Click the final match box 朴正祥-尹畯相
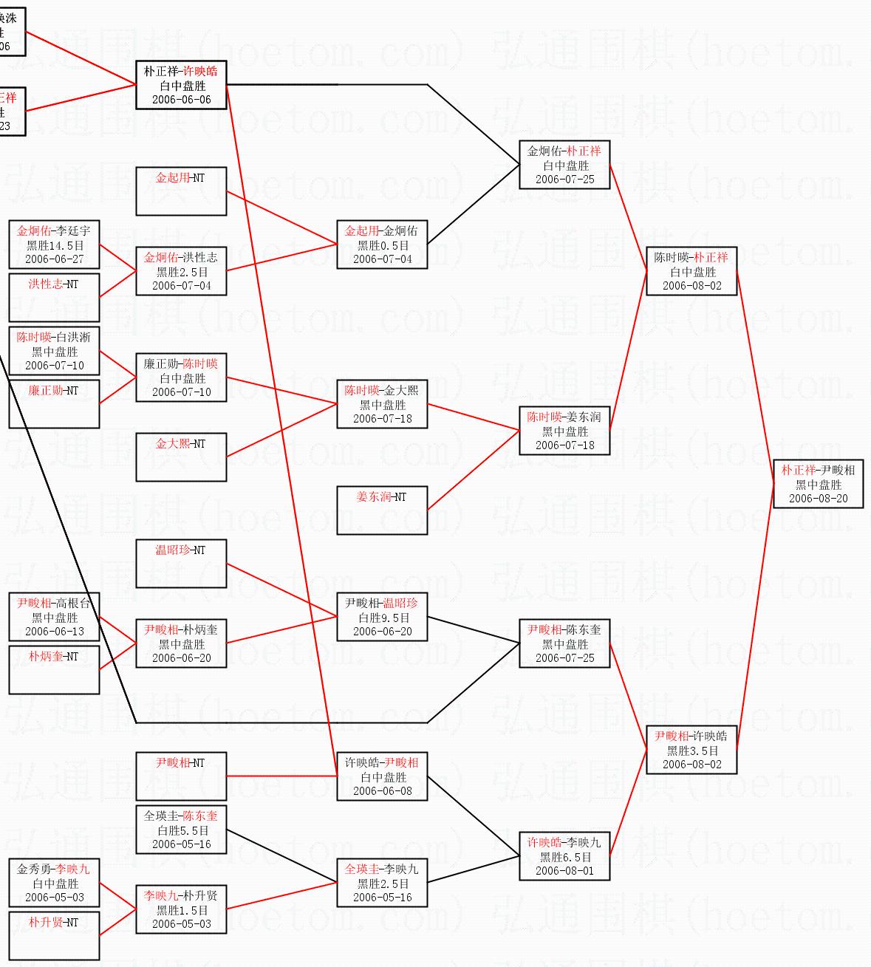click(x=818, y=484)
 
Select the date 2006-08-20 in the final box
click(x=818, y=499)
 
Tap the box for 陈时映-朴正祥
click(x=691, y=271)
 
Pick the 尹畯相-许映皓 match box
click(x=691, y=750)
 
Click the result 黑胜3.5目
click(x=692, y=751)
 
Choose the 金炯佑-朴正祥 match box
click(x=564, y=165)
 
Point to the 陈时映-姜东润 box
click(x=564, y=431)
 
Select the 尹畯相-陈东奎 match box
click(x=564, y=643)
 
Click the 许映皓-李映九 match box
click(x=564, y=856)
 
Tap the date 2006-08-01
click(x=564, y=871)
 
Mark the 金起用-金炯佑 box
click(x=382, y=245)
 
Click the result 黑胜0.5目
click(x=383, y=245)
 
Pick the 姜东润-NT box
click(x=382, y=510)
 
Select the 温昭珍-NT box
click(x=181, y=563)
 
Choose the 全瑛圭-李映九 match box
click(x=382, y=883)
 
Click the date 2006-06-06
click(x=181, y=100)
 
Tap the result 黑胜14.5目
click(x=55, y=245)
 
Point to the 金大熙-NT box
click(x=181, y=457)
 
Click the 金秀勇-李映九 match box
click(x=54, y=883)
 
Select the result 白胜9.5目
click(x=383, y=618)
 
